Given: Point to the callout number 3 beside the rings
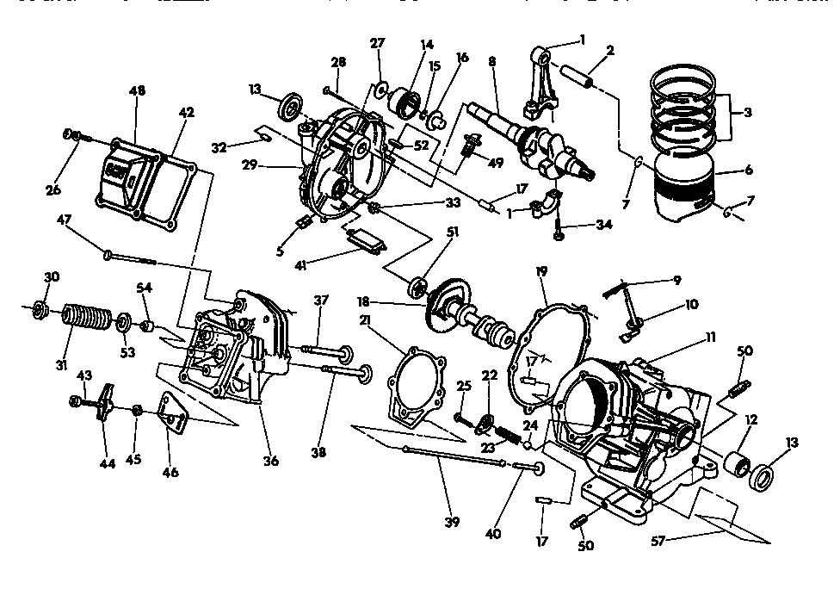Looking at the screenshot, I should tap(747, 112).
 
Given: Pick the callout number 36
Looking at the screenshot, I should tap(271, 461).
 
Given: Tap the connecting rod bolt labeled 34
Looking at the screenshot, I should tap(559, 226).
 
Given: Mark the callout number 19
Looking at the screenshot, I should tap(542, 272).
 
